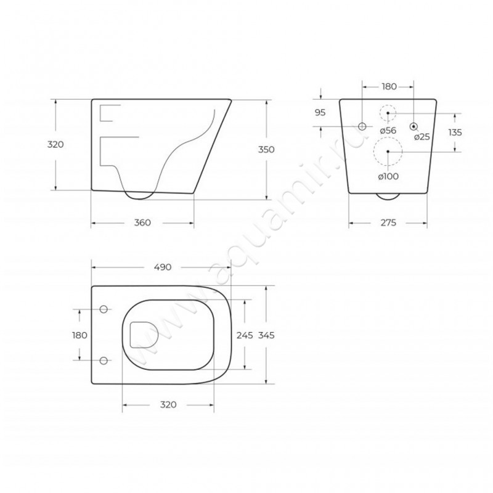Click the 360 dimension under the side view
point(142,222)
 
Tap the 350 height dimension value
point(266,149)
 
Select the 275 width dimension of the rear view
point(389,222)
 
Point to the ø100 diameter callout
point(388,176)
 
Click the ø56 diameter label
point(388,130)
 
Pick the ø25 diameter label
point(422,137)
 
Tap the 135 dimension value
point(455,132)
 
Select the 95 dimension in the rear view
point(320,112)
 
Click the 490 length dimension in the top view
point(163,267)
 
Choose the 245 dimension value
point(245,335)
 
